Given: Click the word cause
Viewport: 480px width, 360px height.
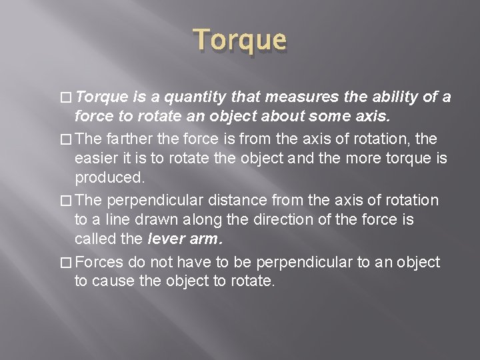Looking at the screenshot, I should pyautogui.click(x=113, y=282).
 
